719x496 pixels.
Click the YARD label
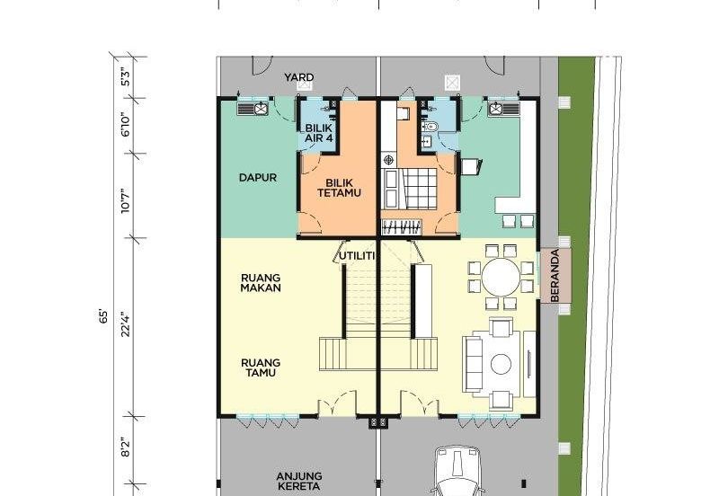tap(299, 77)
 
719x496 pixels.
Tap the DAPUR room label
tap(258, 177)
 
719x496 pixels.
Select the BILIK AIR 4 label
tap(319, 132)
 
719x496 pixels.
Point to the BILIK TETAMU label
tap(340, 188)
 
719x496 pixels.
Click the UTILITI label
tap(357, 256)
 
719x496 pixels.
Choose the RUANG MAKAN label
tap(261, 283)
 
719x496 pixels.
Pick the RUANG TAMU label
tap(261, 368)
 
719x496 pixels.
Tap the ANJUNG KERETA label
tap(299, 482)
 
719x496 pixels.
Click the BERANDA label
tap(555, 276)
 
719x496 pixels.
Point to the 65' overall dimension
tap(103, 317)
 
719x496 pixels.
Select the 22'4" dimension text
tap(126, 324)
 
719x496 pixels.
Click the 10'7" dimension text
tap(126, 201)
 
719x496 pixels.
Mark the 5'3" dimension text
tap(126, 77)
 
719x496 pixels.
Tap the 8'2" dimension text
tap(126, 447)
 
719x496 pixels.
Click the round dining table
tap(501, 277)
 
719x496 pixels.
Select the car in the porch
tap(457, 471)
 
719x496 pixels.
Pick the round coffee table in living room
tap(501, 364)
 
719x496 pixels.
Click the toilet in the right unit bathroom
tap(431, 126)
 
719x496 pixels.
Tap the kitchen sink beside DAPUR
tap(253, 109)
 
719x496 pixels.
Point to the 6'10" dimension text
tap(126, 125)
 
